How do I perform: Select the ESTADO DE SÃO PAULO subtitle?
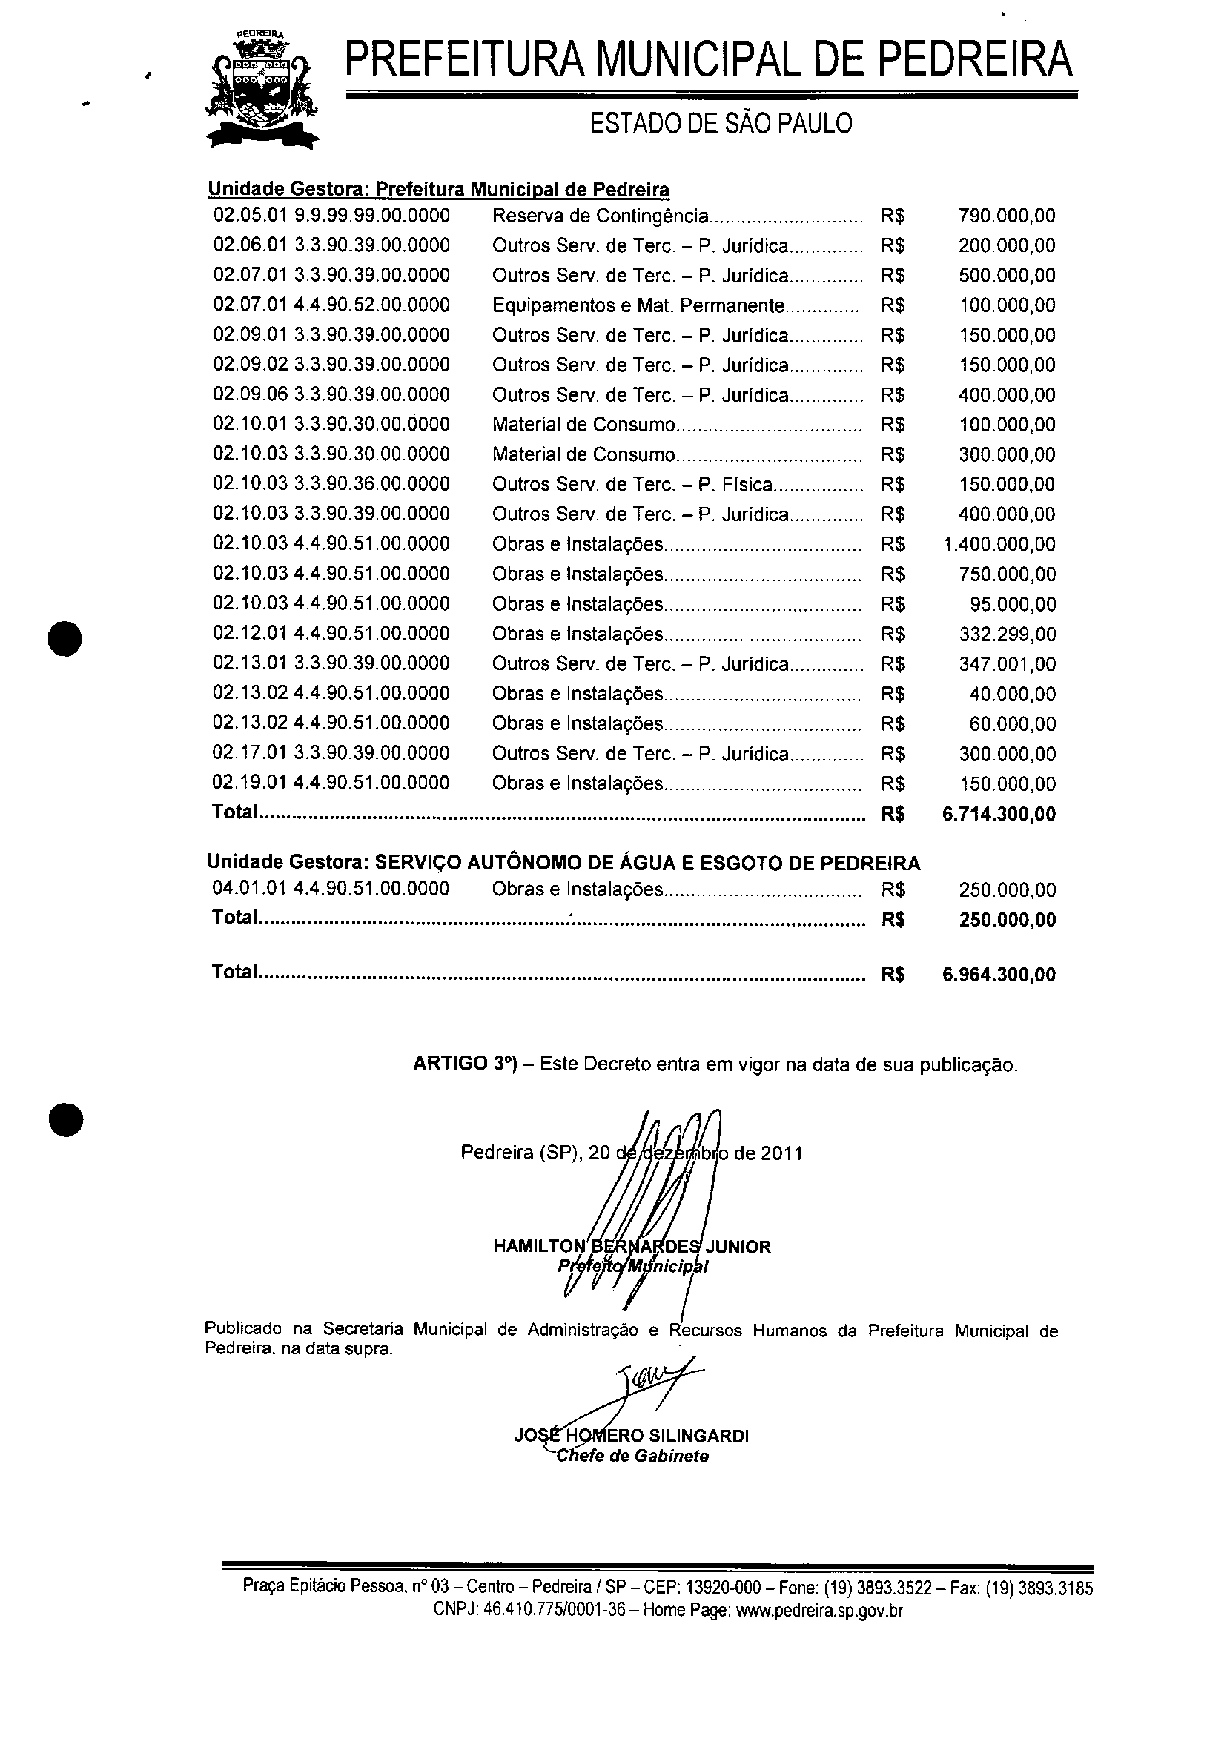pyautogui.click(x=721, y=124)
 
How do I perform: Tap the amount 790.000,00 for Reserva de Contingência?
pyautogui.click(x=1006, y=216)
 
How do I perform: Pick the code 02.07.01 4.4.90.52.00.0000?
pyautogui.click(x=331, y=305)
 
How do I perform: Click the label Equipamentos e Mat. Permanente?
pyautogui.click(x=638, y=305)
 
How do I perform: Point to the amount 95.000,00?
pyautogui.click(x=1013, y=605)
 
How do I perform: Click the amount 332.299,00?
pyautogui.click(x=1007, y=634)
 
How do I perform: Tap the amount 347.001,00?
pyautogui.click(x=1007, y=664)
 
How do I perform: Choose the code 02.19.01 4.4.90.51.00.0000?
pyautogui.click(x=331, y=783)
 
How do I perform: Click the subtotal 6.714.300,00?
pyautogui.click(x=999, y=814)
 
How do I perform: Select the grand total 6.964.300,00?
pyautogui.click(x=999, y=974)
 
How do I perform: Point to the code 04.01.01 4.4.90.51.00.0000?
pyautogui.click(x=331, y=889)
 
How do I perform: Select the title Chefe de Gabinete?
pyautogui.click(x=632, y=1456)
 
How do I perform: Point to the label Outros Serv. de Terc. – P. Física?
pyautogui.click(x=632, y=484)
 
